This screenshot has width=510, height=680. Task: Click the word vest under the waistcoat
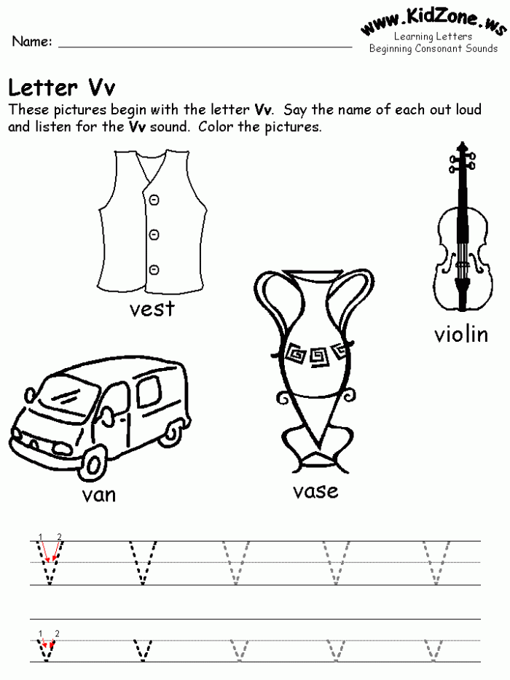[152, 309]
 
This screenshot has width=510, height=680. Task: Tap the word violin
[460, 335]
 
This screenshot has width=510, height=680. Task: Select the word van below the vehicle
[99, 496]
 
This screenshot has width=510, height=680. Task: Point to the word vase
[315, 491]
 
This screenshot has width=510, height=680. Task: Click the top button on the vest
[154, 200]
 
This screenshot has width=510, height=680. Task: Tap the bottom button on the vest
[154, 270]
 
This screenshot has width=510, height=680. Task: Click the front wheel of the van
[95, 461]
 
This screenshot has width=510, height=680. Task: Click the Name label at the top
[31, 42]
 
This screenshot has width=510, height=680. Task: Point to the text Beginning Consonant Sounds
[433, 49]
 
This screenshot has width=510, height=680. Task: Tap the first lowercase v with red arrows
[47, 649]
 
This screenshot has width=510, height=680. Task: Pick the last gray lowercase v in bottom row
[437, 649]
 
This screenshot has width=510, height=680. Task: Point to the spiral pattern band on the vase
[315, 353]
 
